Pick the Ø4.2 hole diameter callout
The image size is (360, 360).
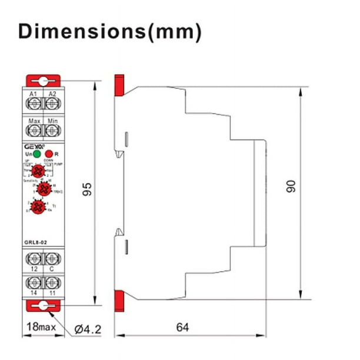pos(88,329)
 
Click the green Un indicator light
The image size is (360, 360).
pos(37,154)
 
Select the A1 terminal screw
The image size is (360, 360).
pos(33,104)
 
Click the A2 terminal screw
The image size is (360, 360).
pos(52,104)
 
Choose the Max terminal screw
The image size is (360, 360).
pos(33,132)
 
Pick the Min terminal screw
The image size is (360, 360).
pos(52,132)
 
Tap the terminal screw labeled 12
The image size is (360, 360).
pos(33,257)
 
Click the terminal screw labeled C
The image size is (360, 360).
pos(52,257)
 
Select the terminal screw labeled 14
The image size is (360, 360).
pos(33,284)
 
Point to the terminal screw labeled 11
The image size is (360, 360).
pos(52,284)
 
